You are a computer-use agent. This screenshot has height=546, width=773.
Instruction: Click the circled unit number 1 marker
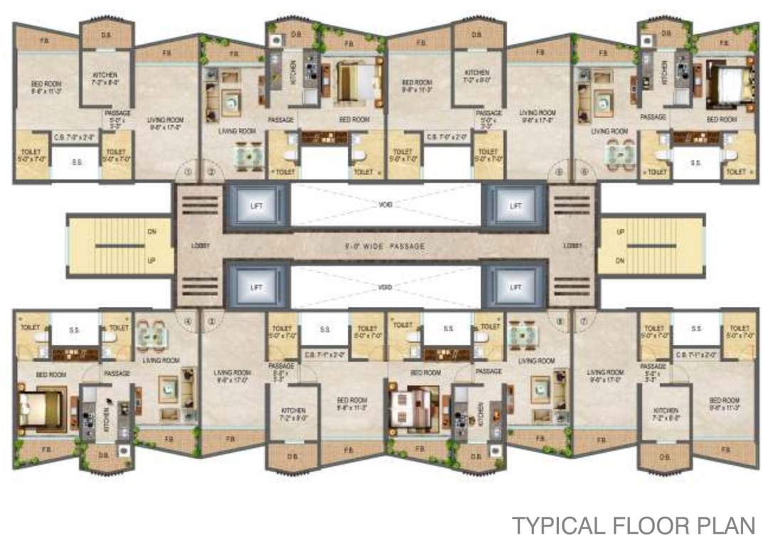coord(188,171)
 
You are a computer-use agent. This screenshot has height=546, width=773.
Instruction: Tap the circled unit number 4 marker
coord(188,321)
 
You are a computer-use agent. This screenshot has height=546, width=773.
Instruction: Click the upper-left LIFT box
coord(257,205)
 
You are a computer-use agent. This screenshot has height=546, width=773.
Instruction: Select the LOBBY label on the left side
coord(200,246)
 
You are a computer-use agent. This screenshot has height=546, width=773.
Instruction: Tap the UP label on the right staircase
coord(620,232)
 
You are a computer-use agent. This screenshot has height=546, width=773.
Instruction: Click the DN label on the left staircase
coord(151,232)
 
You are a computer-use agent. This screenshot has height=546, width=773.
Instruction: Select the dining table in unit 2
coord(249,154)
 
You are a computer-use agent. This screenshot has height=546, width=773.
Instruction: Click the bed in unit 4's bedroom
coord(43,409)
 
